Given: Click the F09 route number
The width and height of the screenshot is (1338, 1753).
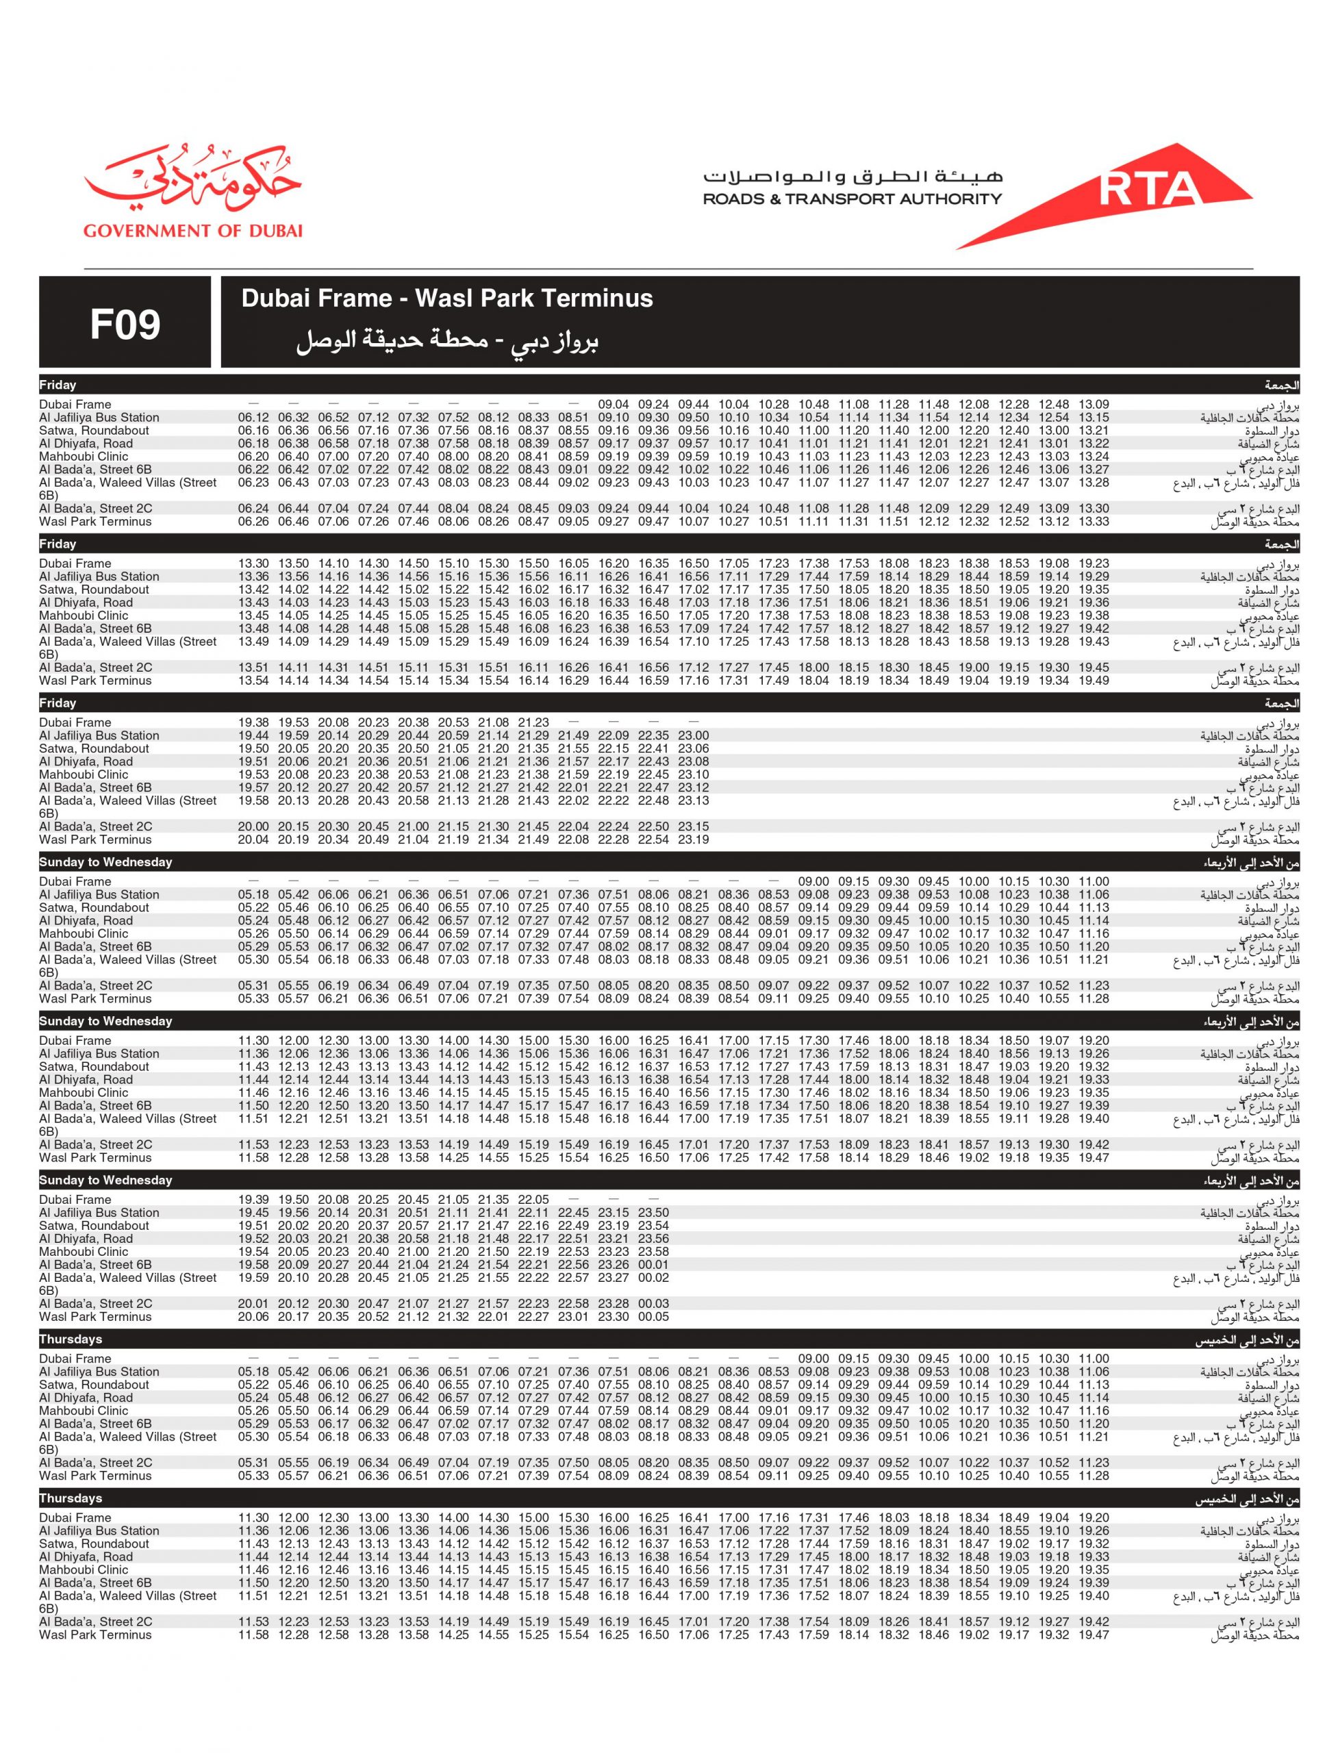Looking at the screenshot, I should [125, 324].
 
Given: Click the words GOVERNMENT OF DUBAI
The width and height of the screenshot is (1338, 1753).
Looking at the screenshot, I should [192, 231].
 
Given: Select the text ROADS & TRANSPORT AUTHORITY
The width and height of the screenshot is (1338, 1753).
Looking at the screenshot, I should [851, 199].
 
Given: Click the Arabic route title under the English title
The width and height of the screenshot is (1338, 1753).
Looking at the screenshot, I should [446, 341].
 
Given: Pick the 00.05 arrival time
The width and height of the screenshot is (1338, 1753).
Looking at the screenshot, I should [653, 1317].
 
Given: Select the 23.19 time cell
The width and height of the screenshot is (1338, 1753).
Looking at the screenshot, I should [693, 840].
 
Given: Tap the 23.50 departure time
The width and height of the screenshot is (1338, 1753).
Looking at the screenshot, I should [653, 1213].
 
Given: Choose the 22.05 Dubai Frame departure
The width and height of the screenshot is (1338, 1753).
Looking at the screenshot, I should [533, 1200].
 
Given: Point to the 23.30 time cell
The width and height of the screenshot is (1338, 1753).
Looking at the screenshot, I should [614, 1317].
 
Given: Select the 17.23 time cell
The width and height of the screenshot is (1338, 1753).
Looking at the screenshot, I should [773, 563].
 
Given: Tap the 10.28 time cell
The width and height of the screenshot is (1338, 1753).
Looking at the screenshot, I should [773, 405].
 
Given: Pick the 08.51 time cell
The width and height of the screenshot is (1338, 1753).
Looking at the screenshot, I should [573, 417].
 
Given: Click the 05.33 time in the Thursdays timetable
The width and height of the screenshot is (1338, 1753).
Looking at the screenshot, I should [253, 1476].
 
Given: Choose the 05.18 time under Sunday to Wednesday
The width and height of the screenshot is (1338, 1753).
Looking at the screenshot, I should [253, 894].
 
